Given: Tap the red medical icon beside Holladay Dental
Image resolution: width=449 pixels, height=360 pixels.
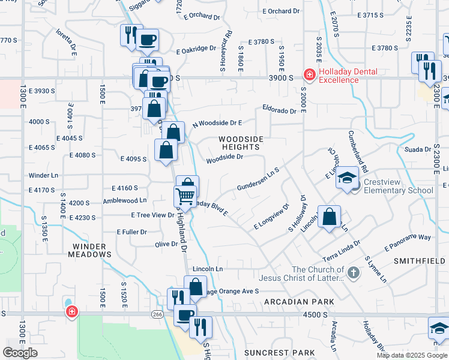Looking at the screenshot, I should (x=310, y=74).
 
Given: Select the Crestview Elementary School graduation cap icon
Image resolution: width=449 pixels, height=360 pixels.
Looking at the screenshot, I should (x=346, y=178).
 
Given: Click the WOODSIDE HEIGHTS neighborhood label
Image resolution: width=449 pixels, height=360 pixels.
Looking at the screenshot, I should (x=243, y=143).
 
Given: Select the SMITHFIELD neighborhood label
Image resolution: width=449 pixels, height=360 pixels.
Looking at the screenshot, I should (x=420, y=261).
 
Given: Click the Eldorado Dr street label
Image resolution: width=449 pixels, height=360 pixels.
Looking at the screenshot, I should (x=280, y=111).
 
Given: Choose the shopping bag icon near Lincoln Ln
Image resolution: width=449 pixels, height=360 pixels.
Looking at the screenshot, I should (x=195, y=287).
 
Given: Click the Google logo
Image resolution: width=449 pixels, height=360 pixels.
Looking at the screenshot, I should (x=20, y=352).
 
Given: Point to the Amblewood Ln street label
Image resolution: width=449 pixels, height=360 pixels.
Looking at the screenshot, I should (x=125, y=201).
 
